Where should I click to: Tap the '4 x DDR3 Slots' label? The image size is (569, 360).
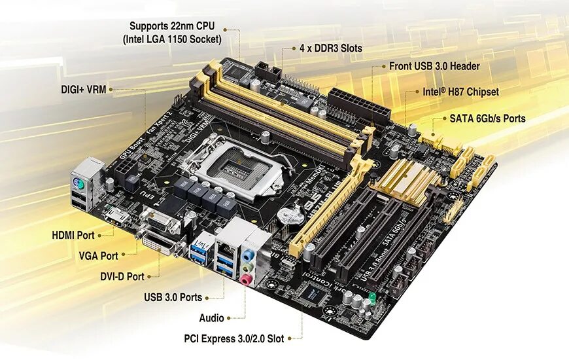[x=330, y=48]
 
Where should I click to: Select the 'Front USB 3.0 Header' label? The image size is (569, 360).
[x=434, y=66]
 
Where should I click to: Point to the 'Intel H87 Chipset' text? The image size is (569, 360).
[x=460, y=92]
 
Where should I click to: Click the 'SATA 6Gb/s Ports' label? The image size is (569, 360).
[x=487, y=118]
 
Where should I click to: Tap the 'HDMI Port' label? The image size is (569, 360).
[x=73, y=234]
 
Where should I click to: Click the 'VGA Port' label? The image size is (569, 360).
[x=98, y=255]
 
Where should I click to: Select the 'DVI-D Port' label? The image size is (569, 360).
[x=122, y=276]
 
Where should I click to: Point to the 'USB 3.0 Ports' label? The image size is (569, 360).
[x=173, y=297]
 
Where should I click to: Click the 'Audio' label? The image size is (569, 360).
[x=211, y=318]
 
